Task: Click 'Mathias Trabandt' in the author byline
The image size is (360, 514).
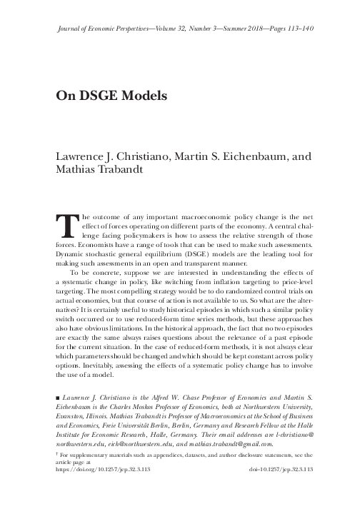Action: point(99,171)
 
